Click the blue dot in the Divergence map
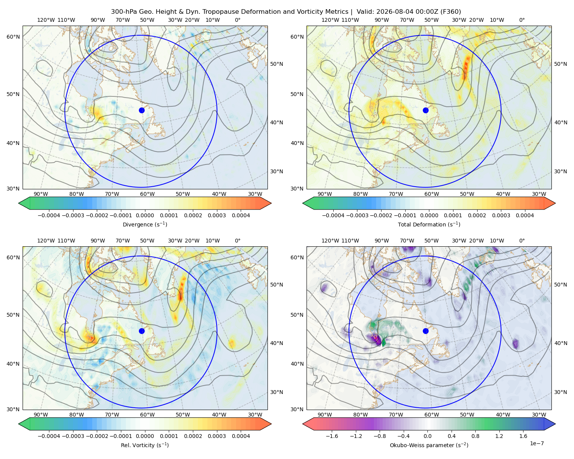142,110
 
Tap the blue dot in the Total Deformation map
426,110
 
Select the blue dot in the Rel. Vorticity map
142,331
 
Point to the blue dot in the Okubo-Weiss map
426,331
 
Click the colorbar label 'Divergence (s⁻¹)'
145,224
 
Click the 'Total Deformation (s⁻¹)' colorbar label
429,224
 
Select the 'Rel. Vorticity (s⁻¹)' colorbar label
145,445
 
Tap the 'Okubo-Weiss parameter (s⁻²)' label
429,445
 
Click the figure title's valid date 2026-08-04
391,12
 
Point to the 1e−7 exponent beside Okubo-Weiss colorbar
536,443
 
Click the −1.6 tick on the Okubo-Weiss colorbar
332,436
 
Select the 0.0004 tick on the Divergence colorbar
241,215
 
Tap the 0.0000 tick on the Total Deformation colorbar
429,215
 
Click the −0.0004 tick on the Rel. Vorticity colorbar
49,436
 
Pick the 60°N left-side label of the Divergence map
13,37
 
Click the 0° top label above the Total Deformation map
522,20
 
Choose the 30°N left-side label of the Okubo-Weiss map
297,409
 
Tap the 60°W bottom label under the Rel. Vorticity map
147,415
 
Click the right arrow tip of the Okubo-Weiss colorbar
555,424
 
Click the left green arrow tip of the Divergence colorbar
19,203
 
